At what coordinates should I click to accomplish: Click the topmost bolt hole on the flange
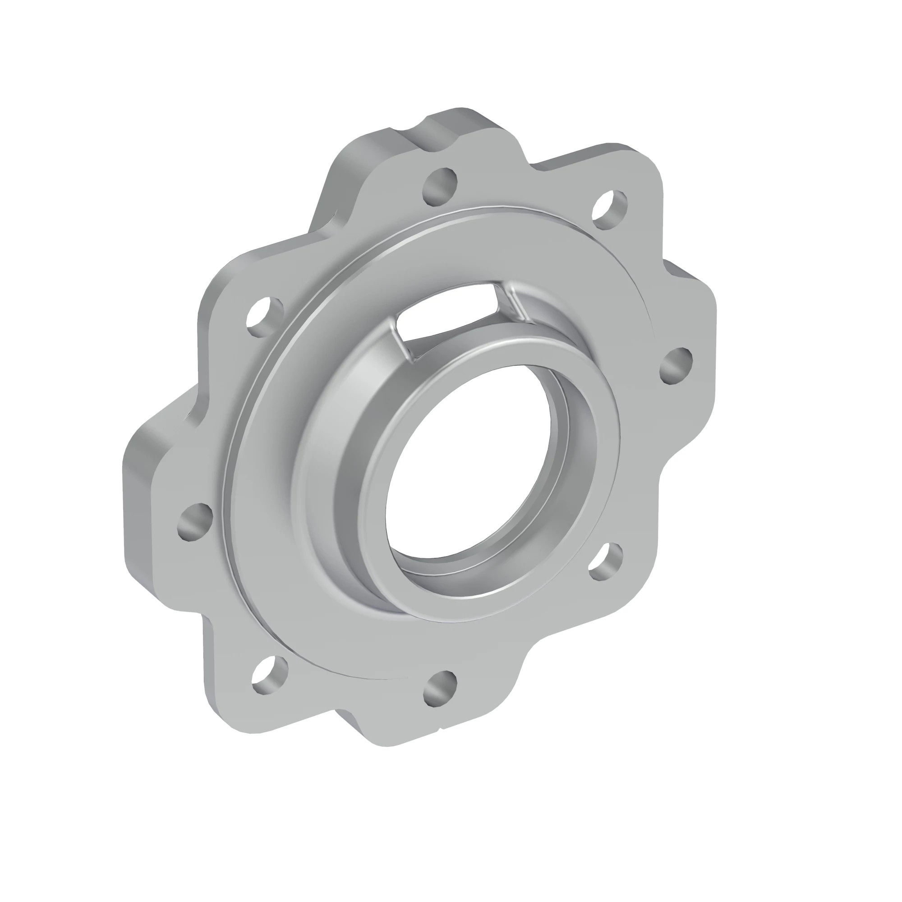[439, 187]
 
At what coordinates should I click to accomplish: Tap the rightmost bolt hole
[676, 367]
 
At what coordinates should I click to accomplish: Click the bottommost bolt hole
[439, 701]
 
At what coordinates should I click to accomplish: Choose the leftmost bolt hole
[195, 522]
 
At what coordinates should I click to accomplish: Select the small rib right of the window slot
[518, 306]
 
